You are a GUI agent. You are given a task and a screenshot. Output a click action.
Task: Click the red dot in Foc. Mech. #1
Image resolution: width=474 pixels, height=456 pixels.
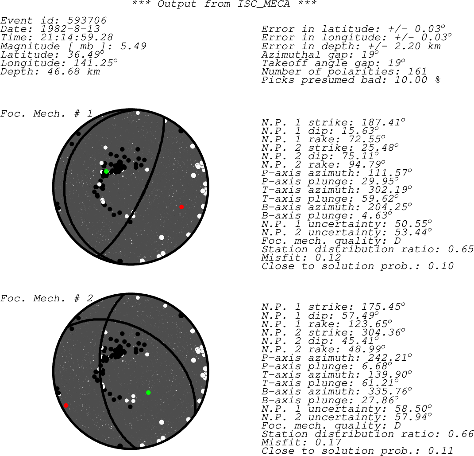click(x=181, y=207)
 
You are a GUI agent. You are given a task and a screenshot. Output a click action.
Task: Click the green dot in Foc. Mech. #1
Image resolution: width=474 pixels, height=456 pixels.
click(x=106, y=171)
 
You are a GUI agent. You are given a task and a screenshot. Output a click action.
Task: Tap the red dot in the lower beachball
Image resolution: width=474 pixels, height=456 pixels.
click(x=66, y=405)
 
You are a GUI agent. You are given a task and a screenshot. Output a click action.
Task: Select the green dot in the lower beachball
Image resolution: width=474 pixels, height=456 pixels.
click(x=148, y=393)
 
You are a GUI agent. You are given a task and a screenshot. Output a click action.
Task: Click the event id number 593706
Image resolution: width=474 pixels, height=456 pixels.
click(x=87, y=20)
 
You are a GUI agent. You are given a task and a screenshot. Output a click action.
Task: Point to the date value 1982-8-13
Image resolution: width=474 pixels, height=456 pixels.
click(x=70, y=29)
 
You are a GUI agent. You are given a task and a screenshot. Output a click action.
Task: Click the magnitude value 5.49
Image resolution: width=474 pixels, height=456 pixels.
click(x=133, y=46)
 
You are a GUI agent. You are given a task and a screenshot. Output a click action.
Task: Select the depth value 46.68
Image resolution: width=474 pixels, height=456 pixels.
click(x=64, y=71)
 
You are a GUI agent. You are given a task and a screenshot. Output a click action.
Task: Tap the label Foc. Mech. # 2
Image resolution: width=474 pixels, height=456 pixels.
click(x=46, y=299)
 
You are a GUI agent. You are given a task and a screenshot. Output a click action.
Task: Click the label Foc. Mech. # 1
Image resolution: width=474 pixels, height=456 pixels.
click(x=46, y=114)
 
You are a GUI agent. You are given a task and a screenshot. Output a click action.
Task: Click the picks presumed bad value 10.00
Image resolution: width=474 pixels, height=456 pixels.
click(x=411, y=80)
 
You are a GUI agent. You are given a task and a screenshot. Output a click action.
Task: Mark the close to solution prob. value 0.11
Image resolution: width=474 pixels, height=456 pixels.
click(x=441, y=451)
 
